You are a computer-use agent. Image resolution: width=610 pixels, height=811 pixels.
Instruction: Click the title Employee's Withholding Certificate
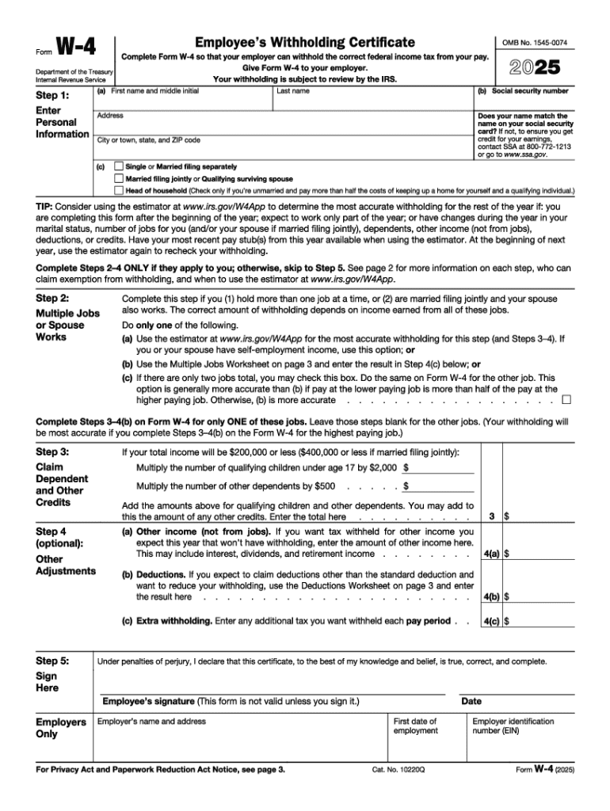(x=306, y=42)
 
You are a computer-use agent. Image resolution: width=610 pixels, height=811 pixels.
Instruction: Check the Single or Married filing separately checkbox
(x=119, y=167)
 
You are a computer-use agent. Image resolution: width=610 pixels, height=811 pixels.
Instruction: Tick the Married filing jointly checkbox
(x=119, y=179)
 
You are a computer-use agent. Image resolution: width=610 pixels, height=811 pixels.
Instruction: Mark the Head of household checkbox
(x=119, y=191)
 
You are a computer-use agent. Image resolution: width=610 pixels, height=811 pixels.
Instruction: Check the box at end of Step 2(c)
(x=566, y=400)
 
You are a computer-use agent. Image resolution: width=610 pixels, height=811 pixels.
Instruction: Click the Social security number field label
(x=523, y=91)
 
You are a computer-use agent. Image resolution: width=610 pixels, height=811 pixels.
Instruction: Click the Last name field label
(x=293, y=91)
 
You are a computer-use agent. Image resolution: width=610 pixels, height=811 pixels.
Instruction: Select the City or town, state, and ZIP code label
(x=148, y=140)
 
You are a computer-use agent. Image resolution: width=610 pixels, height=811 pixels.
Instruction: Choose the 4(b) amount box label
(x=491, y=597)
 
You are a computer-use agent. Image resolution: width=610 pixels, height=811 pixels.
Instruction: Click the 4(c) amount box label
(x=491, y=622)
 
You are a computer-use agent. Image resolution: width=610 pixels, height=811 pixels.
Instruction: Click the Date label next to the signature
(x=471, y=702)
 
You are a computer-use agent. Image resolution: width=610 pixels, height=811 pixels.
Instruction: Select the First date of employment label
(x=415, y=725)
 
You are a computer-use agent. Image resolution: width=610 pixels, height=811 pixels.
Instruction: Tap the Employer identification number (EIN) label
(x=513, y=725)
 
